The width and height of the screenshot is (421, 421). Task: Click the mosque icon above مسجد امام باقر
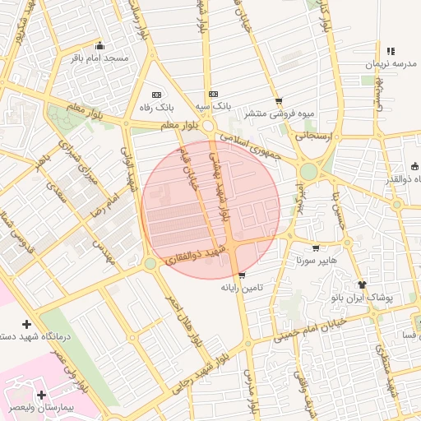pyautogui.click(x=100, y=46)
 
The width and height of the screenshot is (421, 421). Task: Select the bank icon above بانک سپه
pyautogui.click(x=214, y=94)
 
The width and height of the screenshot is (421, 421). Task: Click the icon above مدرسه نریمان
pyautogui.click(x=390, y=51)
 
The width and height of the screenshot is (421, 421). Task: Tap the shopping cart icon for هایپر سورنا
pyautogui.click(x=316, y=248)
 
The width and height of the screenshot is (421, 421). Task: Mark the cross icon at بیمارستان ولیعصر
pyautogui.click(x=41, y=396)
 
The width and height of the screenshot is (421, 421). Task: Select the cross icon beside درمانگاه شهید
pyautogui.click(x=26, y=325)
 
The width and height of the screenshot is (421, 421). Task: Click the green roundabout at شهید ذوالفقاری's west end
pyautogui.click(x=150, y=264)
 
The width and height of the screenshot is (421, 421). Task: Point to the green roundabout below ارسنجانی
pyautogui.click(x=309, y=172)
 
